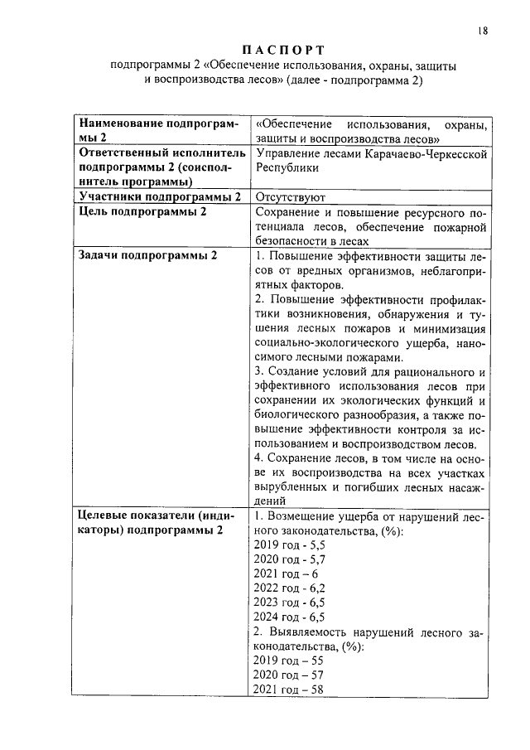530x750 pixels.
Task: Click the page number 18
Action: point(483,31)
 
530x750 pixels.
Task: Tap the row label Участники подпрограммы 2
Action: point(158,197)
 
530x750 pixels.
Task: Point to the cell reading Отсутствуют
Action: point(290,197)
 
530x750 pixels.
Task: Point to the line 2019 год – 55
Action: point(287,660)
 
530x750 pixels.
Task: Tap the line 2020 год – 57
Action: point(287,675)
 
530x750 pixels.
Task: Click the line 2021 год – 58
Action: point(287,690)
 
